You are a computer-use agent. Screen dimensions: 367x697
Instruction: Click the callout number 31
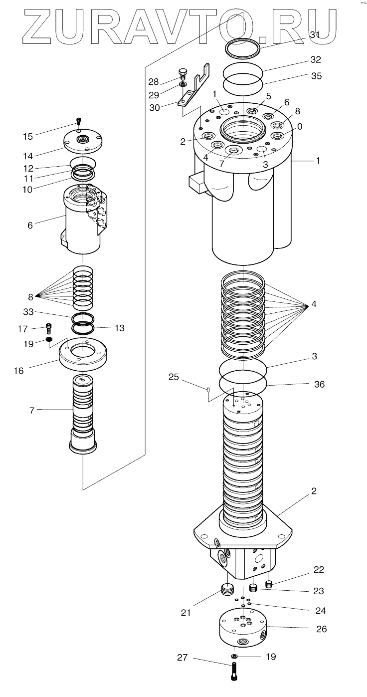tap(315, 35)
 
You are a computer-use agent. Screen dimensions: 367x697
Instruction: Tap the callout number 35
tap(316, 76)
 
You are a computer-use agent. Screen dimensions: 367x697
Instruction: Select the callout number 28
tap(153, 82)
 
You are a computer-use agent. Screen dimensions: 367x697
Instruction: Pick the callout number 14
tap(28, 156)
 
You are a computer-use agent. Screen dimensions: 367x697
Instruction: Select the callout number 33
tap(28, 311)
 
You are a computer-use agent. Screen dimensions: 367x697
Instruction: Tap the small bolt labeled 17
tap(48, 327)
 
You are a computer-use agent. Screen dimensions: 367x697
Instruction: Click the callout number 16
tap(18, 371)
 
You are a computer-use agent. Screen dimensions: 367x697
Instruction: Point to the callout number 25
tap(174, 377)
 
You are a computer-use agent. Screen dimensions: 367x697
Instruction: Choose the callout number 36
tap(319, 384)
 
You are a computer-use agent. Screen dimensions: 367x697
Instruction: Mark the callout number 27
tap(183, 657)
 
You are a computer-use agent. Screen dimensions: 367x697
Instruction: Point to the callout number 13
tap(120, 328)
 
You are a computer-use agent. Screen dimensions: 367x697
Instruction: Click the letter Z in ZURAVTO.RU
tap(39, 27)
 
